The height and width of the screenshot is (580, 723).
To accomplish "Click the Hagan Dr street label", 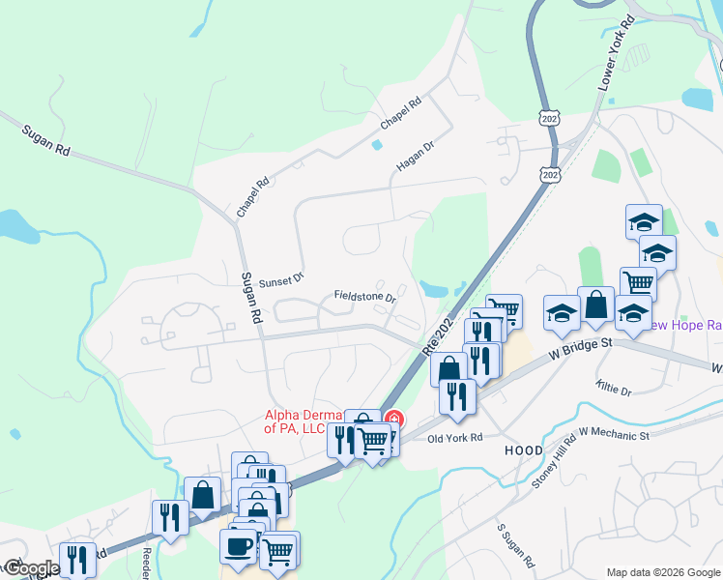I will tap(416, 156).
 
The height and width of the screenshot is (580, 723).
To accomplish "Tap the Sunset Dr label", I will tap(281, 278).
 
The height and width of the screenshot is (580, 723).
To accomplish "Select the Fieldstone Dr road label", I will tap(365, 296).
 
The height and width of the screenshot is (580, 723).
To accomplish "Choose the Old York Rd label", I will tap(454, 438).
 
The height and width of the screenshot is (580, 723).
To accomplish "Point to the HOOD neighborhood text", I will tap(523, 451).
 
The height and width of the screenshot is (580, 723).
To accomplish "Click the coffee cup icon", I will tap(238, 545).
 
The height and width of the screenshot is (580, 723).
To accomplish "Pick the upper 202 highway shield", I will tap(547, 116).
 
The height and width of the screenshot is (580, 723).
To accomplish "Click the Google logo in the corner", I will tap(30, 568).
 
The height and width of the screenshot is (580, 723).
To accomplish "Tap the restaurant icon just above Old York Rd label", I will tap(457, 394).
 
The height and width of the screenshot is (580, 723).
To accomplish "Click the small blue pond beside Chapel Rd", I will tap(376, 145).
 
